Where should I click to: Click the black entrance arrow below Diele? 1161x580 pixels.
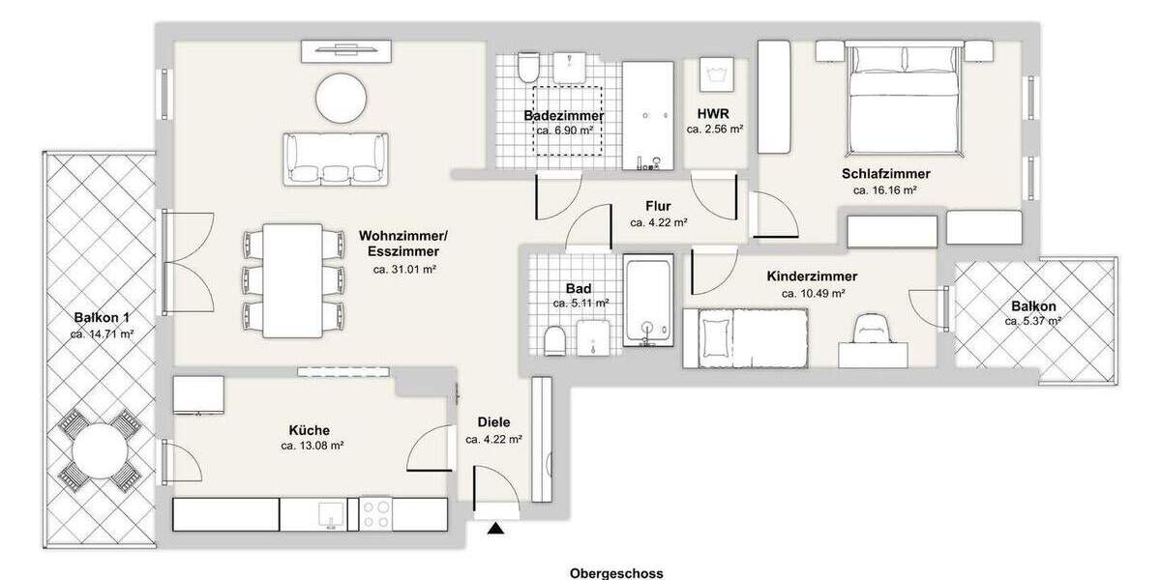[497, 528]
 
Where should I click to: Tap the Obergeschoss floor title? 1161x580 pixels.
[616, 573]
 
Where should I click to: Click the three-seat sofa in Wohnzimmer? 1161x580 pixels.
[335, 159]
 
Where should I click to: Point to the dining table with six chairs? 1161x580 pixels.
[293, 280]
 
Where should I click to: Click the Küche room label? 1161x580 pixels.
[310, 430]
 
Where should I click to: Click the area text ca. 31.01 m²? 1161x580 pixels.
[404, 270]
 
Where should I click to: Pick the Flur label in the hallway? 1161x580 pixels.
[659, 206]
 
